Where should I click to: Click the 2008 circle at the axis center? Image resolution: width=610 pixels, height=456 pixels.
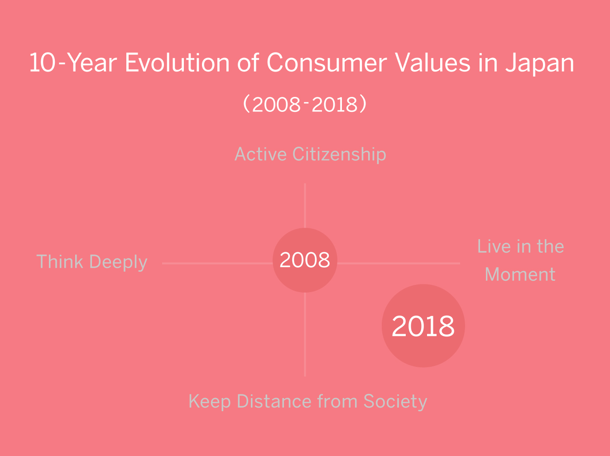305,260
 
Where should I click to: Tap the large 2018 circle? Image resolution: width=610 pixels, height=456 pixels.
423,326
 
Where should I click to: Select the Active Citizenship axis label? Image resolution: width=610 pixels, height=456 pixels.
310,154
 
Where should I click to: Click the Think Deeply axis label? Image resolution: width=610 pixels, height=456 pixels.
92,262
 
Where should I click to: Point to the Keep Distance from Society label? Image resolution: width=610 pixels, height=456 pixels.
307,402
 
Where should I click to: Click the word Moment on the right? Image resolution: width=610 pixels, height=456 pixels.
520,274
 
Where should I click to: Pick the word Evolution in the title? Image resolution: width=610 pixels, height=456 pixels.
178,63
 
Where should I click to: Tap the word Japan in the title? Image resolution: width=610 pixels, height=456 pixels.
540,63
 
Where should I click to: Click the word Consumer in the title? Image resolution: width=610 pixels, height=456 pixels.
327,63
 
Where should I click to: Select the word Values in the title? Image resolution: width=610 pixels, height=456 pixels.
432,63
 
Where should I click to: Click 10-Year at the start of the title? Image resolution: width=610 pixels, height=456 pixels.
73,63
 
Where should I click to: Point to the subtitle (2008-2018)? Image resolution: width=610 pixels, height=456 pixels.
305,104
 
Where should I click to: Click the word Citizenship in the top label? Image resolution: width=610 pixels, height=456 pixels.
339,154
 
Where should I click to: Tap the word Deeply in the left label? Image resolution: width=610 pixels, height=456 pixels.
118,262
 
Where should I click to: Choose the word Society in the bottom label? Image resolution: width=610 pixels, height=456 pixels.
395,402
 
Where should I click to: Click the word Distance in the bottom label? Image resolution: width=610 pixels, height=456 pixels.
274,401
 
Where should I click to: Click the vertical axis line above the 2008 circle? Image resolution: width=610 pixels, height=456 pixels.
305,205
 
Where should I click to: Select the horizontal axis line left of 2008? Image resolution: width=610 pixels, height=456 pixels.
217,264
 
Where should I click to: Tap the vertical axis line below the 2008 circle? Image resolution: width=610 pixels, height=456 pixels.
305,335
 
